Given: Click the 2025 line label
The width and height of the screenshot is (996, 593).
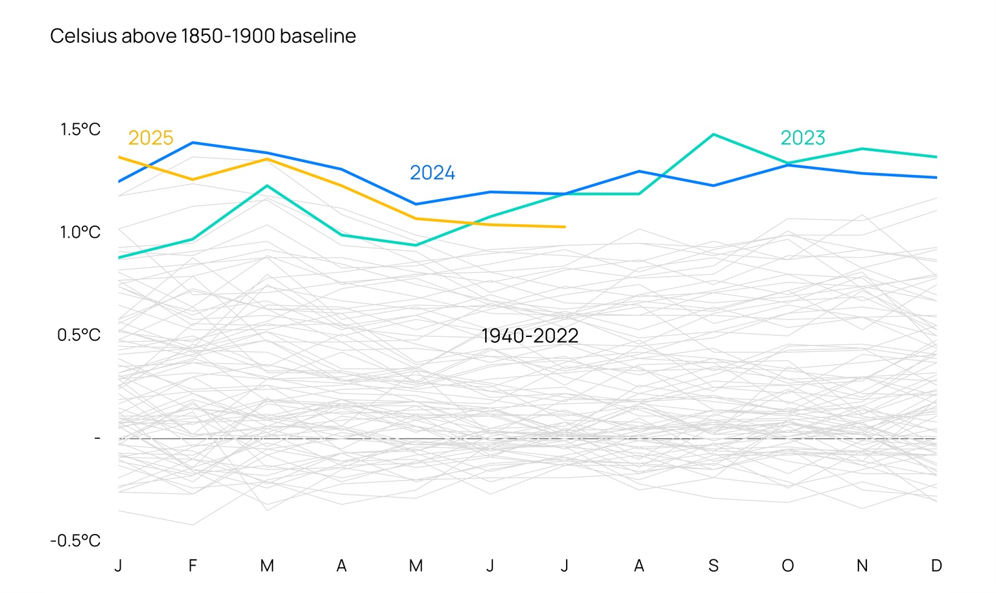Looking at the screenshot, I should pyautogui.click(x=150, y=138).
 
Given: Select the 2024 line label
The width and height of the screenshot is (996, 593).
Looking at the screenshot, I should pyautogui.click(x=432, y=173).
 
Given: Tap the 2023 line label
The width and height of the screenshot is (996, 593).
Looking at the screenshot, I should pyautogui.click(x=802, y=138).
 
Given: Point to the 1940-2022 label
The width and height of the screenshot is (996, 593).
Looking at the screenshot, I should pyautogui.click(x=529, y=336).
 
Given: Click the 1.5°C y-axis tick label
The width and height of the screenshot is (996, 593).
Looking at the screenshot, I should pyautogui.click(x=80, y=130).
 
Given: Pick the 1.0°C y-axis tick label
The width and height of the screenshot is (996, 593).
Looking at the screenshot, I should pyautogui.click(x=80, y=232).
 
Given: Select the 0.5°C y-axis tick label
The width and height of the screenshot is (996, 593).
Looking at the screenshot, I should pyautogui.click(x=78, y=335).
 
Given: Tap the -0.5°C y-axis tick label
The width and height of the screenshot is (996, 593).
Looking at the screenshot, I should pyautogui.click(x=75, y=541).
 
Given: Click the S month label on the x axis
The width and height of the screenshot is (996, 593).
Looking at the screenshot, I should pyautogui.click(x=713, y=566).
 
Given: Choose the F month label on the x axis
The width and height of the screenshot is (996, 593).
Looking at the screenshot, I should pyautogui.click(x=193, y=566).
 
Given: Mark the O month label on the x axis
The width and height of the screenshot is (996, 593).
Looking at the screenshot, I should pyautogui.click(x=787, y=566).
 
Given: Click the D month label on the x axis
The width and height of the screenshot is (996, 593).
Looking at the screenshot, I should pyautogui.click(x=936, y=566).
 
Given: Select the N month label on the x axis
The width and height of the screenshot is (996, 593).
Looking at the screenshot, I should pyautogui.click(x=862, y=566).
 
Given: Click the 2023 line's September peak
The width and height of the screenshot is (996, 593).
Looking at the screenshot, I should pyautogui.click(x=713, y=135).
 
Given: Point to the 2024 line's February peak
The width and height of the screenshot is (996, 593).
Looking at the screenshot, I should pyautogui.click(x=193, y=143).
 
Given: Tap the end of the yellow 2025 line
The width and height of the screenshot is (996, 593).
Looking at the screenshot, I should pyautogui.click(x=564, y=227).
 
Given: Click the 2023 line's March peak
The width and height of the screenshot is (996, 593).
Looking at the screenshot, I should pyautogui.click(x=267, y=186).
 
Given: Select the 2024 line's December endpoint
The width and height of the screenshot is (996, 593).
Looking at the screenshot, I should pyautogui.click(x=936, y=178).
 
